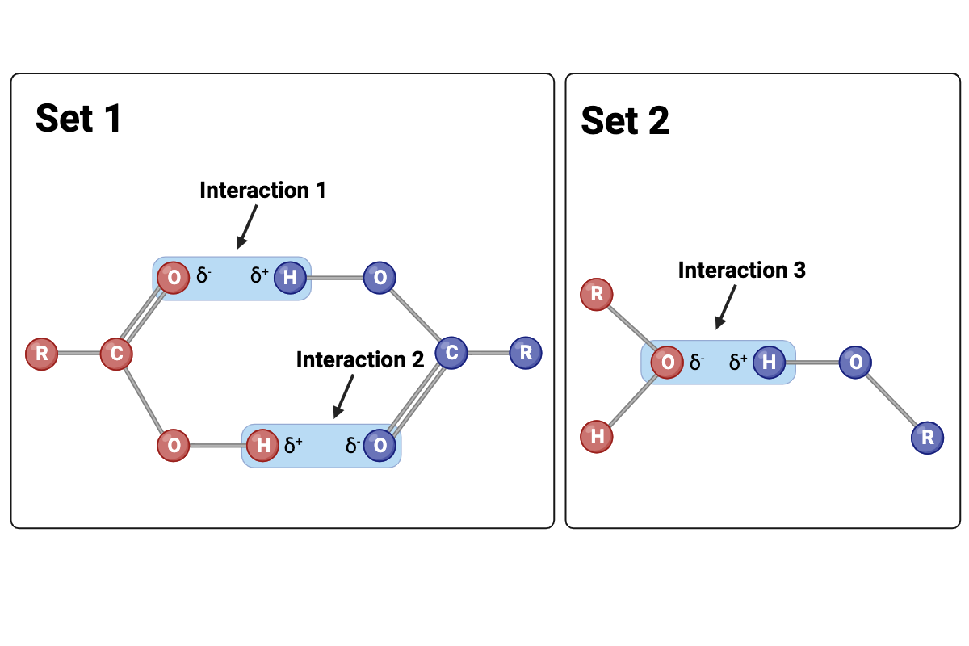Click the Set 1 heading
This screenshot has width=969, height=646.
[x=78, y=118]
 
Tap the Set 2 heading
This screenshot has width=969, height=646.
[x=625, y=121]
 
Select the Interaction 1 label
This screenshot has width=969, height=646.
[x=262, y=191]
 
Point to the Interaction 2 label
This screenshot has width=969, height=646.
[x=359, y=360]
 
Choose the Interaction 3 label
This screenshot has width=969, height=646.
[x=741, y=270]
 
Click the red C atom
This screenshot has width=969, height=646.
[x=116, y=354]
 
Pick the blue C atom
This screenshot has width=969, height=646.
[x=451, y=353]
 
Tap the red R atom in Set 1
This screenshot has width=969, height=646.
[x=41, y=354]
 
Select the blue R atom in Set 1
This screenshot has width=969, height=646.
[x=526, y=353]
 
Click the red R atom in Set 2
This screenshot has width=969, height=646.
[x=597, y=294]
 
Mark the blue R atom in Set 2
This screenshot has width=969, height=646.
[x=928, y=438]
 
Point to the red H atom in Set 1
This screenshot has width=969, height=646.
[x=262, y=445]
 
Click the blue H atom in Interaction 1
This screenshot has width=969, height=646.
[x=290, y=278]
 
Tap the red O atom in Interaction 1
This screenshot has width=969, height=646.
[x=172, y=278]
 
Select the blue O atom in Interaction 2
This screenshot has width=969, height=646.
[x=380, y=445]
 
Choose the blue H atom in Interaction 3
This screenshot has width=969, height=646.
[x=769, y=362]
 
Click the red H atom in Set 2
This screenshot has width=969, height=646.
[x=597, y=437]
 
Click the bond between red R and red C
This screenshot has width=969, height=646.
[x=78, y=354]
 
